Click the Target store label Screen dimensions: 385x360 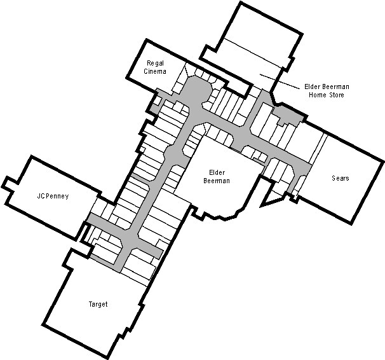[x=98, y=304]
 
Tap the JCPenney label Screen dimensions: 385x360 [x=53, y=196]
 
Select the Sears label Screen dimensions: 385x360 [x=341, y=178]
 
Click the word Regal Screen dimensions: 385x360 [x=155, y=64]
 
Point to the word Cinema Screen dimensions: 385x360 [x=155, y=71]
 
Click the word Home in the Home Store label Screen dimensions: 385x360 [x=318, y=95]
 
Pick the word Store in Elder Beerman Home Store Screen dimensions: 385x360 [x=336, y=95]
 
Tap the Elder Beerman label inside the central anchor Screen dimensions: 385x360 [x=217, y=177]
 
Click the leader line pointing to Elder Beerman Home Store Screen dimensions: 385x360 [x=280, y=81]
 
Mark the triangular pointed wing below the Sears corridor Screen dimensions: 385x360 [x=271, y=197]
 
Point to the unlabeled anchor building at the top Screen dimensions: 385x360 [x=250, y=45]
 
